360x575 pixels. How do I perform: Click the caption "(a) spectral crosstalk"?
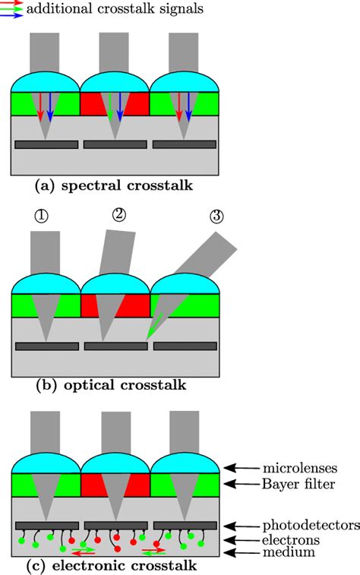point(115,185)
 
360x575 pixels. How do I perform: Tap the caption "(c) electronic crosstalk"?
point(115,566)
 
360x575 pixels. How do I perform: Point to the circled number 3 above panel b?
point(216,216)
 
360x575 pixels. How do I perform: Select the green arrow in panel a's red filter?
point(111,107)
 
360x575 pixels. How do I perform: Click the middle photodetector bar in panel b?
point(115,346)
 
